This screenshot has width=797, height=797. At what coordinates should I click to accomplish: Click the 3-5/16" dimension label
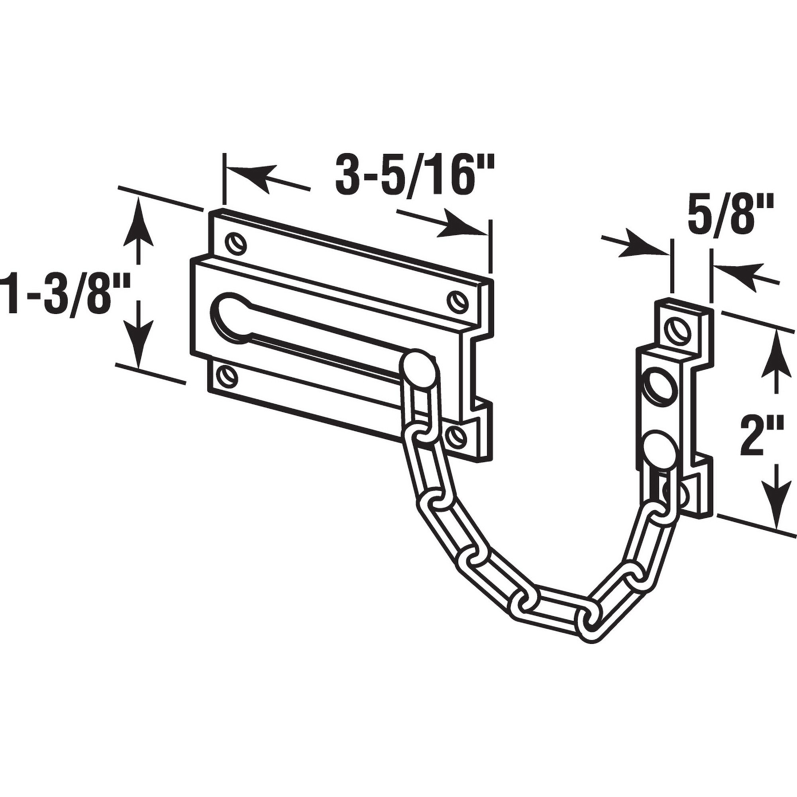[414, 176]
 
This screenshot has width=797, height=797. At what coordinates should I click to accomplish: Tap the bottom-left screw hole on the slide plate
[226, 375]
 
